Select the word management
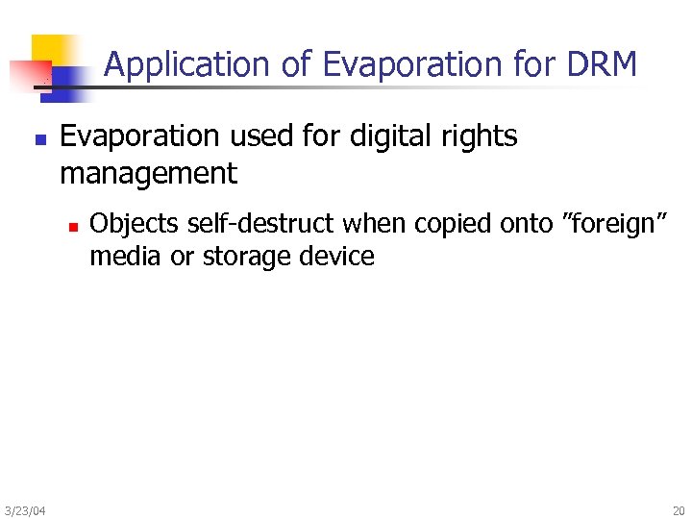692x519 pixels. click(x=148, y=174)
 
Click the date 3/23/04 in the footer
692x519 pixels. click(x=24, y=510)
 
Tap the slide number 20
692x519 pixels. click(x=679, y=510)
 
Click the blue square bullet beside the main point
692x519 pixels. click(x=38, y=139)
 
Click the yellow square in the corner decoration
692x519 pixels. click(x=54, y=50)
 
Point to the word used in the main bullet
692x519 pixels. click(x=258, y=136)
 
